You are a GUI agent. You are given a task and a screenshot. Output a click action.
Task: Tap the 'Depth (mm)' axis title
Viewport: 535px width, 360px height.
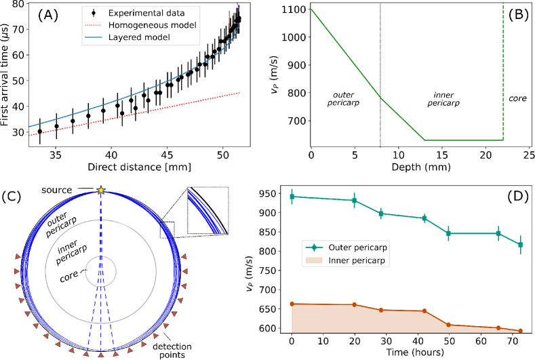[412, 167]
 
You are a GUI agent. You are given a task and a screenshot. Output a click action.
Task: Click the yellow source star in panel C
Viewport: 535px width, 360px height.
[100, 191]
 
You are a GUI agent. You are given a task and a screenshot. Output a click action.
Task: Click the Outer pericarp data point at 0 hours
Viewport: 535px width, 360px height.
[292, 197]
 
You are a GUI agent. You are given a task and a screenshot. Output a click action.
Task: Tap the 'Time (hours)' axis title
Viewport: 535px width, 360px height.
[411, 353]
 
